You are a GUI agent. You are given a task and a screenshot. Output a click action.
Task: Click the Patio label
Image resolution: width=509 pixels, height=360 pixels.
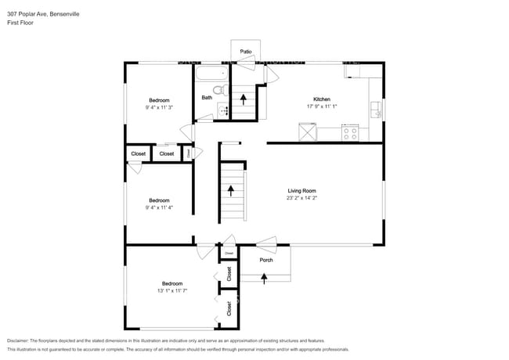[246, 52]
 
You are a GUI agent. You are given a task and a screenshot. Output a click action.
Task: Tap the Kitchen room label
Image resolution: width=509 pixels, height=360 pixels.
[322, 99]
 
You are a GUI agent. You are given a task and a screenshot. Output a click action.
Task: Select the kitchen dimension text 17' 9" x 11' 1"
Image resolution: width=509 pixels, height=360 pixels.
[322, 107]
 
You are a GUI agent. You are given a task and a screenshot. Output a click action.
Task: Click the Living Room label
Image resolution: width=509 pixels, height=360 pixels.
[301, 191]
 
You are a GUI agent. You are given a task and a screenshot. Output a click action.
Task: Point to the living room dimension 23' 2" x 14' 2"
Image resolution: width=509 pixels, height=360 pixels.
[301, 199]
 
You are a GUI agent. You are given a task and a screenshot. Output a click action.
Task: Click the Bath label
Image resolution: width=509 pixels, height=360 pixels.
[207, 98]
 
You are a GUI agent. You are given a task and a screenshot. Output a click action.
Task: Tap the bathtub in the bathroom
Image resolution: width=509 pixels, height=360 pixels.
[211, 77]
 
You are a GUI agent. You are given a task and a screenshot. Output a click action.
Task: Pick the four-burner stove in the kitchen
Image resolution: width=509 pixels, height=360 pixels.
[350, 133]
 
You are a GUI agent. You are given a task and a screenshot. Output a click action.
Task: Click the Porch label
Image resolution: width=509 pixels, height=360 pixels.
[266, 260]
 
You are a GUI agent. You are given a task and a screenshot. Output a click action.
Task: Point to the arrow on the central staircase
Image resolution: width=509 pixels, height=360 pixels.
[231, 189]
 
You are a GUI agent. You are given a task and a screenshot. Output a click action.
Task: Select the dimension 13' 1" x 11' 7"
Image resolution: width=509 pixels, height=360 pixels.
[172, 291]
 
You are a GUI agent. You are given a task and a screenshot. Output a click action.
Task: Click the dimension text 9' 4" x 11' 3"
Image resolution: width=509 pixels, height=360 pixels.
[159, 108]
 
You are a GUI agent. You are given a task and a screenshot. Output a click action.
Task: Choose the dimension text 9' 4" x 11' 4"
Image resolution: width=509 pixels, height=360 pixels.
[159, 207]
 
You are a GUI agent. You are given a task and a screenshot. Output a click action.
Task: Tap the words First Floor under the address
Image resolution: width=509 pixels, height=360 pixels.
[20, 23]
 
